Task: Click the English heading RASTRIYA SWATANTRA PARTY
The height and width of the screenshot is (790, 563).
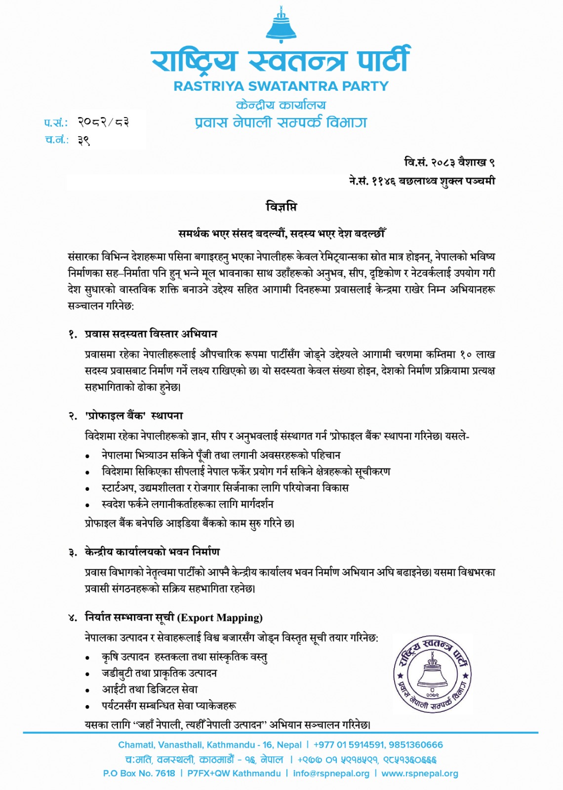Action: (x=281, y=86)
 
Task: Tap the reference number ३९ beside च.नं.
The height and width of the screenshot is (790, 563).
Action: (x=83, y=140)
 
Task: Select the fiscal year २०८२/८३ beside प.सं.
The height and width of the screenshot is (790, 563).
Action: (x=103, y=122)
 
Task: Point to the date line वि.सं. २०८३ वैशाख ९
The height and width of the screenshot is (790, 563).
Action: (x=449, y=162)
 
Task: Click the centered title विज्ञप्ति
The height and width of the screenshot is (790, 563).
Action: (x=281, y=207)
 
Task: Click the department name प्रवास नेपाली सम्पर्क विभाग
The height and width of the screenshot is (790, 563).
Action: (x=281, y=122)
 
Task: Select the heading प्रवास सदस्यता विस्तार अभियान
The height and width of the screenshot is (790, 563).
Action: (x=151, y=334)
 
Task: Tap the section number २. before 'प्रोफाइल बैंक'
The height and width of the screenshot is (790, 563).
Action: (x=73, y=416)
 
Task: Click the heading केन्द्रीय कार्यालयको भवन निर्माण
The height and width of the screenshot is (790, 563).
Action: (x=152, y=552)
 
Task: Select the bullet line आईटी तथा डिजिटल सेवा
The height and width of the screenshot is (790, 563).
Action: (x=150, y=689)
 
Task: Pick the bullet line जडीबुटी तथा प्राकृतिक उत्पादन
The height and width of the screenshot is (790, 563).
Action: (x=160, y=673)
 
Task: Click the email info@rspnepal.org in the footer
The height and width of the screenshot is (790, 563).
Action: (x=331, y=773)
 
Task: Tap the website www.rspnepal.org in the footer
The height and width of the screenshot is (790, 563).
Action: (x=420, y=773)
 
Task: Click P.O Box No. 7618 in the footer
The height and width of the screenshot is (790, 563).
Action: (x=139, y=773)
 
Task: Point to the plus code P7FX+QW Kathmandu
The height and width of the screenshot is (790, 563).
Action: (x=234, y=773)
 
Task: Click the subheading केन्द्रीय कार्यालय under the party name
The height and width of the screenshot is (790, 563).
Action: (x=281, y=105)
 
